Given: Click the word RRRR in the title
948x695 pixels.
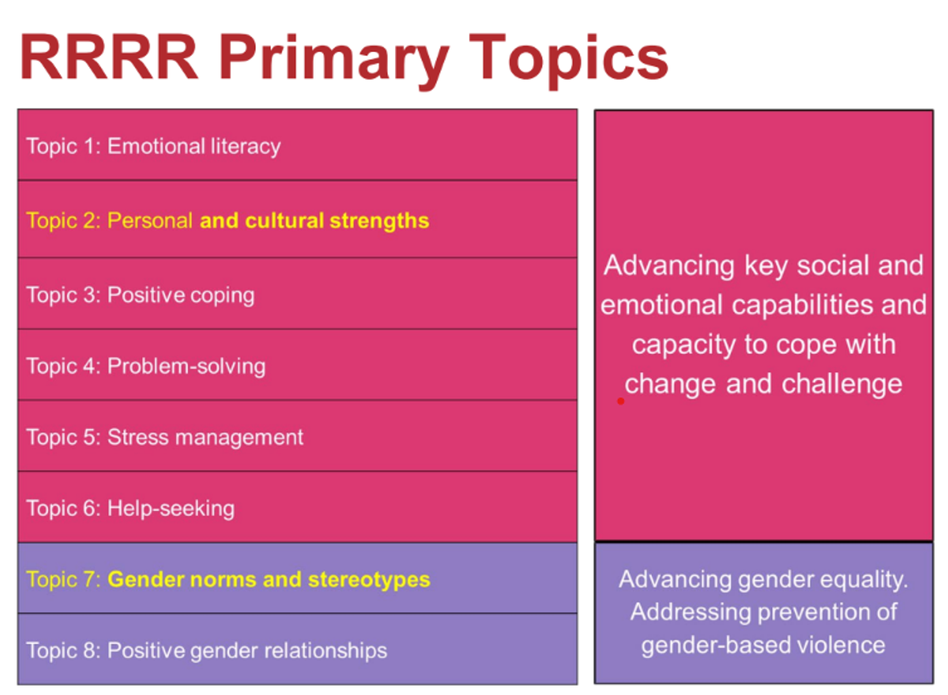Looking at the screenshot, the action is (x=109, y=57).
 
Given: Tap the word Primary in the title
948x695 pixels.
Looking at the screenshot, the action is (x=333, y=62).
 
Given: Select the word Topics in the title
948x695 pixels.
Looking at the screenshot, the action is (x=568, y=62).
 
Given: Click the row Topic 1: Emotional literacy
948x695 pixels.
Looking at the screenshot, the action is (x=297, y=145).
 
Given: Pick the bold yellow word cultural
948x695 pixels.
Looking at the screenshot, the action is (x=284, y=220).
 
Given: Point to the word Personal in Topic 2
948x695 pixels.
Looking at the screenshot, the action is (x=150, y=220).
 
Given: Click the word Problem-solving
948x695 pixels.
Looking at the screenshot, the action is (x=186, y=366).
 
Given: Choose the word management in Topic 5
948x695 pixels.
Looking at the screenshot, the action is (x=239, y=438).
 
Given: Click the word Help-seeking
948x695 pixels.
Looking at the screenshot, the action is (x=171, y=509).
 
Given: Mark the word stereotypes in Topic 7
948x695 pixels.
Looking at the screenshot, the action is (x=369, y=580).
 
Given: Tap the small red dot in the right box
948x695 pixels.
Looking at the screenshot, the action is (x=621, y=401).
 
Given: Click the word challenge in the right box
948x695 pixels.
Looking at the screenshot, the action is (x=842, y=384).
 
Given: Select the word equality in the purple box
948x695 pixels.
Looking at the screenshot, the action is (x=864, y=580).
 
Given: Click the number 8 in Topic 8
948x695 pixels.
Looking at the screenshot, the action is (x=88, y=650).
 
